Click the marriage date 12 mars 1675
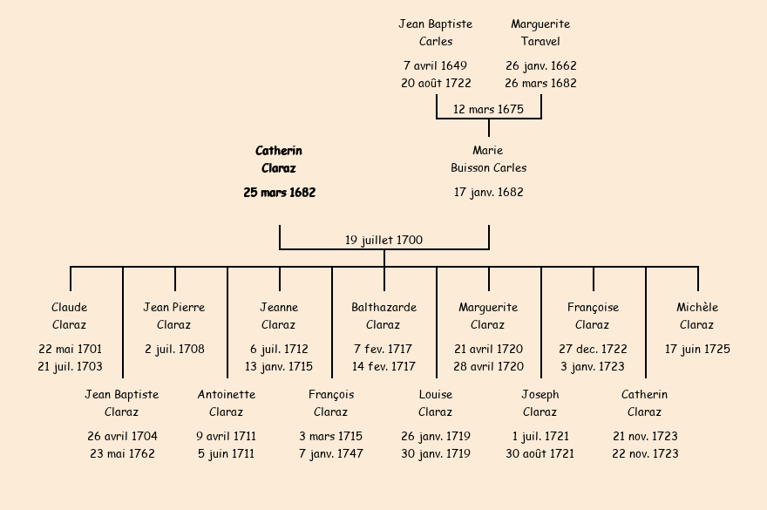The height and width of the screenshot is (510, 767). click(x=488, y=109)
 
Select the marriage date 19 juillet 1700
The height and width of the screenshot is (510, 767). click(x=383, y=240)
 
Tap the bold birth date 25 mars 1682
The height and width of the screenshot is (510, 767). click(x=279, y=193)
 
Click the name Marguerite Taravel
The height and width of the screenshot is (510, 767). click(x=540, y=33)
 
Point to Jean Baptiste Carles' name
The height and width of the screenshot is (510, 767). click(x=436, y=33)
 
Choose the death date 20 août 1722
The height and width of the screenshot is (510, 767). click(x=436, y=84)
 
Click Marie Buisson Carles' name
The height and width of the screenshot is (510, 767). click(x=488, y=159)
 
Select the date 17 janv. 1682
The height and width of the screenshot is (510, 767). click(x=488, y=193)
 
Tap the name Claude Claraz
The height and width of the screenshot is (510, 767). click(x=70, y=316)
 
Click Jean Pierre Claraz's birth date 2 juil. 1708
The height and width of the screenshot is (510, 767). click(x=174, y=350)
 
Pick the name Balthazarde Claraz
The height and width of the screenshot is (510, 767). click(x=383, y=316)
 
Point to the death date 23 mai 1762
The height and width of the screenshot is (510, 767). click(x=122, y=454)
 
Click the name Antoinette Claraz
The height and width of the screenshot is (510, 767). click(x=227, y=403)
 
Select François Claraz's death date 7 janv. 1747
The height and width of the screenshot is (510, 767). click(x=331, y=454)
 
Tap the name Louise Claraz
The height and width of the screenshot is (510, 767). click(x=436, y=403)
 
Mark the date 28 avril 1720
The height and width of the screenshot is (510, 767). click(x=488, y=367)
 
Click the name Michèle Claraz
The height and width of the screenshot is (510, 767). click(x=697, y=316)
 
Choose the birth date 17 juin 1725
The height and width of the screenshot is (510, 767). click(x=697, y=350)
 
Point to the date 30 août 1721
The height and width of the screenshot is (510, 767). click(x=540, y=454)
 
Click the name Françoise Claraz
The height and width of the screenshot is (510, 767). click(x=593, y=316)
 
